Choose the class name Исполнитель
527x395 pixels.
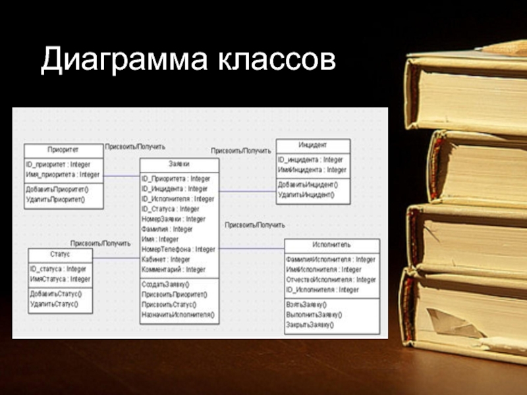point(331,245)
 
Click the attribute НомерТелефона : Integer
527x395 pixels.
point(178,250)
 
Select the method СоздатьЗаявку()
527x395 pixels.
point(165,284)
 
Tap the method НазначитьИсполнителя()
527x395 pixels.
point(178,315)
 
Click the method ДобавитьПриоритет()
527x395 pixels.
point(57,190)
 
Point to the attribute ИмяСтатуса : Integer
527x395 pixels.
point(60,279)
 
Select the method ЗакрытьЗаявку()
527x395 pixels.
point(310,325)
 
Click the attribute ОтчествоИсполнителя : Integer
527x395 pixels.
point(331,280)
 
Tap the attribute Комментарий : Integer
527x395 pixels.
point(173,269)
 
